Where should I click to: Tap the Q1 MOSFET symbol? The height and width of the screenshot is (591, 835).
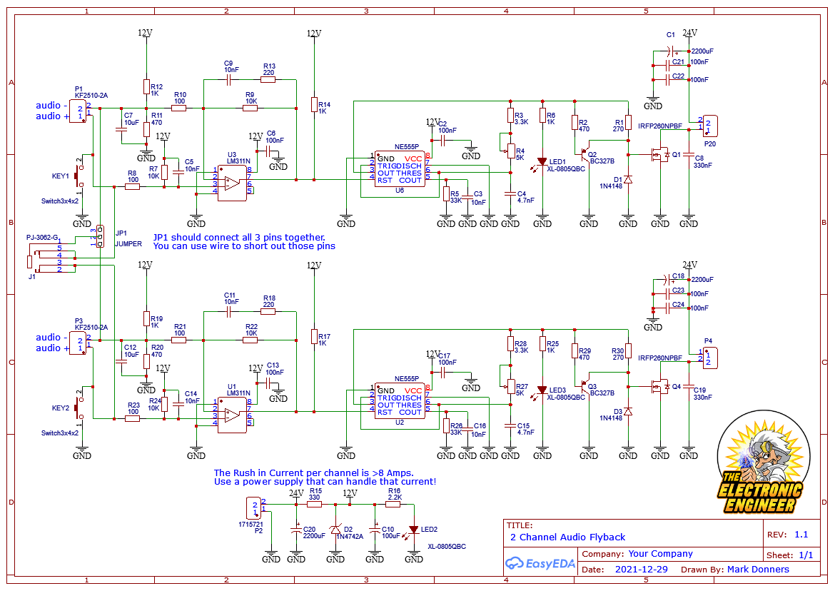pos(658,154)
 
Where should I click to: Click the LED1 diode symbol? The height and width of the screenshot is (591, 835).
pos(542,161)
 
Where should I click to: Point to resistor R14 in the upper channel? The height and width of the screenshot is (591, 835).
pos(313,105)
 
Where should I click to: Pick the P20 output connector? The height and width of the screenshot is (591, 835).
pos(707,126)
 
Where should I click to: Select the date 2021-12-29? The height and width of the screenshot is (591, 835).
pos(641,570)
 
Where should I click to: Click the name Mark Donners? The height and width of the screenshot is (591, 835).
pos(758,570)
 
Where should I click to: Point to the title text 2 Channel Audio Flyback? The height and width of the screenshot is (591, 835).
pos(567,537)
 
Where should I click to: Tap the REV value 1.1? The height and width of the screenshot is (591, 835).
pos(801,535)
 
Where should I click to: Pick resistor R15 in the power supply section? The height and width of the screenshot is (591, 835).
pos(314,504)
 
